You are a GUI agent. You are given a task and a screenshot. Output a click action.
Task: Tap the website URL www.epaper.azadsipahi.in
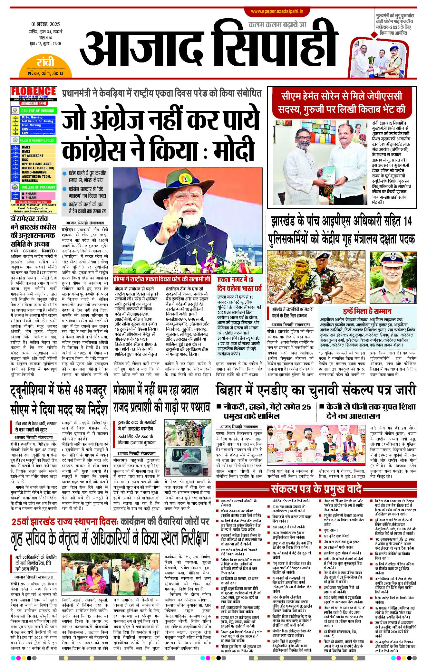[277, 11]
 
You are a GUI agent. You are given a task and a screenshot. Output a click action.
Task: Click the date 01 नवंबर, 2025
[45, 24]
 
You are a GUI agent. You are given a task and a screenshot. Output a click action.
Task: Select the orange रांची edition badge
[45, 62]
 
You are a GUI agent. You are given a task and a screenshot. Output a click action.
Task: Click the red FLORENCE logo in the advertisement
[34, 91]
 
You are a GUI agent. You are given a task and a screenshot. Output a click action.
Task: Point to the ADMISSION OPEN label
[34, 104]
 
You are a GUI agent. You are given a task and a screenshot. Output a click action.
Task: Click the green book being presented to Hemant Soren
[329, 175]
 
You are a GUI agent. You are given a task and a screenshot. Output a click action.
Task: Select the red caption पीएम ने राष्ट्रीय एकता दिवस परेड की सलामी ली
[162, 279]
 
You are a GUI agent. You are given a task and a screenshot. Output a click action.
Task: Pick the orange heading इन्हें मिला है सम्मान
[367, 311]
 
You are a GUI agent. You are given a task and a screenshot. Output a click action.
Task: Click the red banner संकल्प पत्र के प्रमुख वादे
[316, 489]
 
